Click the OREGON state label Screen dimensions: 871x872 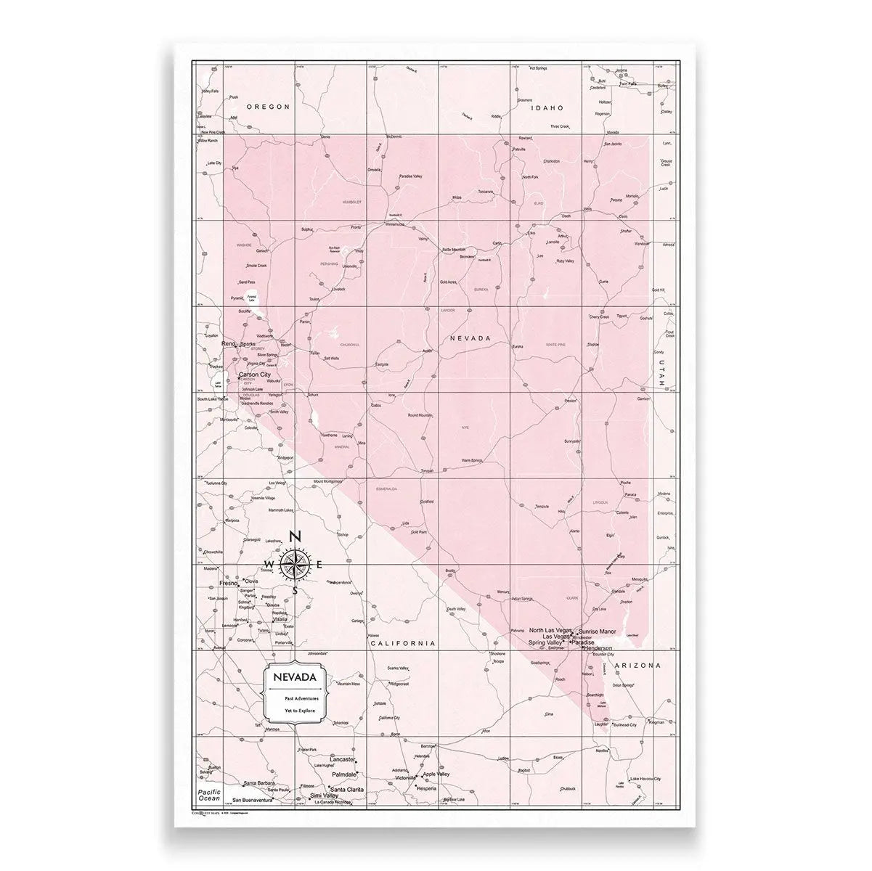point(268,107)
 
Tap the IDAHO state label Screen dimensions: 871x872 point(547,107)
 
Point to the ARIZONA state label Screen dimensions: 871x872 point(637,665)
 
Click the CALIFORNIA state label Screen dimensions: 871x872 point(402,643)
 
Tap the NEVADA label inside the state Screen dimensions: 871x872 point(470,338)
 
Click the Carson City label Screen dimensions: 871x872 point(259,375)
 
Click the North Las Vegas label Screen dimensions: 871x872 point(551,630)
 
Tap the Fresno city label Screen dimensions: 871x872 point(229,583)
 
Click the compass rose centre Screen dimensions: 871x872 point(294,565)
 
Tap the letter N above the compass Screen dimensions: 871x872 point(295,537)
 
